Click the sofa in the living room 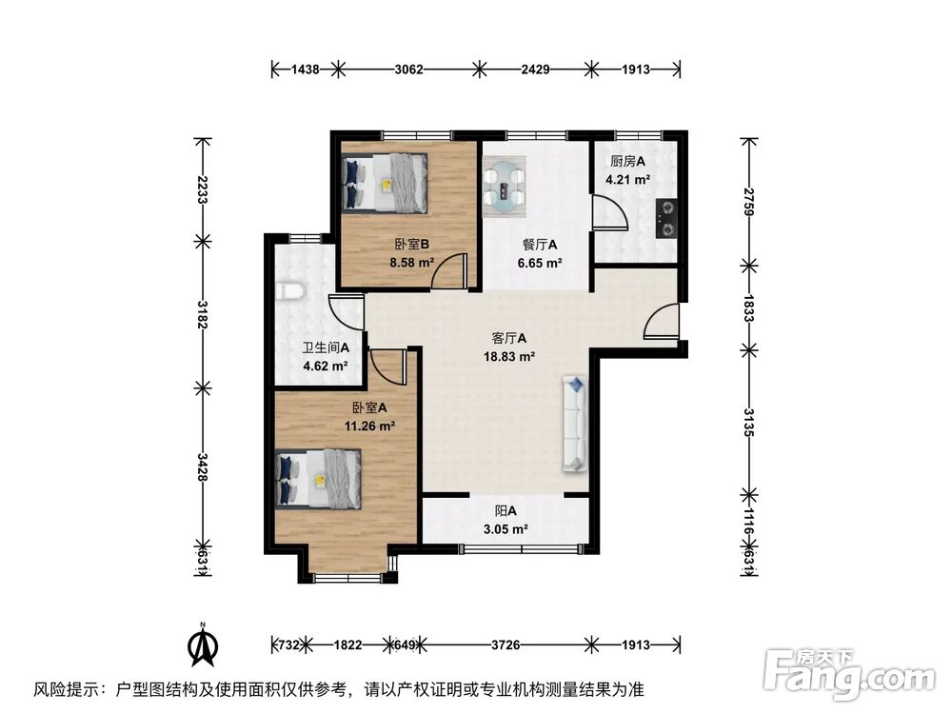tap(576, 424)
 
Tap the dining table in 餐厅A tap(504, 184)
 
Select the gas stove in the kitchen tap(664, 217)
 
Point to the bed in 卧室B tap(385, 183)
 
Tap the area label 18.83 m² tap(508, 357)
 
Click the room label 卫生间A tap(326, 348)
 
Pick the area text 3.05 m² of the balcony tap(505, 529)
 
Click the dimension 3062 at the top tap(408, 69)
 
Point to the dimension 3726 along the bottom tap(506, 645)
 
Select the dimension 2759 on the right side tap(749, 201)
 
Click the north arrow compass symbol tap(203, 646)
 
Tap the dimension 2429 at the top tap(535, 69)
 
